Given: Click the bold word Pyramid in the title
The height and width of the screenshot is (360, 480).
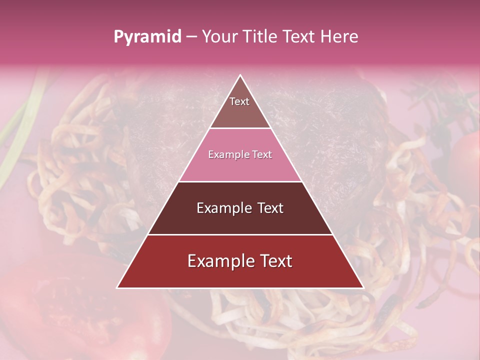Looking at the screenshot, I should (x=147, y=37).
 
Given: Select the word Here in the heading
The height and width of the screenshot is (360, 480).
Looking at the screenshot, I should (x=340, y=36).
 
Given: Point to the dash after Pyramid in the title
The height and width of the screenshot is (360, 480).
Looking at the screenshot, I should (x=191, y=37).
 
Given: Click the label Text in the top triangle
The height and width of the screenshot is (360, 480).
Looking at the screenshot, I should (x=239, y=101).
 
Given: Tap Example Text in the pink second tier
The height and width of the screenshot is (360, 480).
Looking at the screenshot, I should (x=240, y=155).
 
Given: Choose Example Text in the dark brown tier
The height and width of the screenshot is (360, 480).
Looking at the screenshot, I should (x=240, y=208).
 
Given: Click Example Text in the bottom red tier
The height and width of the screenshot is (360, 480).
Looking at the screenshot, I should (x=240, y=261).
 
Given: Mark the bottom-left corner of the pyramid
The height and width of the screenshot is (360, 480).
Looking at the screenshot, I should (x=117, y=287).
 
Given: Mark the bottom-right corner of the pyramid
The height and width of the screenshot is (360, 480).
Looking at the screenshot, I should (x=363, y=287).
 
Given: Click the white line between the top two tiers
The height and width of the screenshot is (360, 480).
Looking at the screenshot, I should (x=240, y=128).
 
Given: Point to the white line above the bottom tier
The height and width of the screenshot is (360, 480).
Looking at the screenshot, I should (x=240, y=234).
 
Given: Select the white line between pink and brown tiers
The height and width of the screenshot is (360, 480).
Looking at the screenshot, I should (x=240, y=181).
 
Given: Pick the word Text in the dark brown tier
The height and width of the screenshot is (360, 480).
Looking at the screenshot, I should (x=269, y=208).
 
